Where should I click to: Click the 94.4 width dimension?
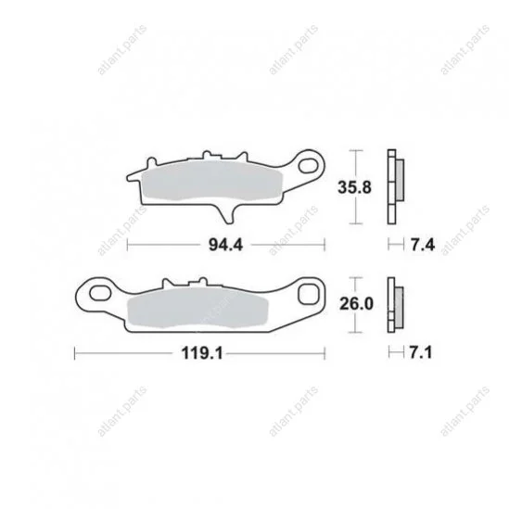(x=225, y=245)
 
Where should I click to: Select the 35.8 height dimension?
(x=354, y=187)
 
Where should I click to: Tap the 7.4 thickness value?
(x=423, y=245)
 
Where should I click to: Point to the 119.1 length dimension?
(x=202, y=353)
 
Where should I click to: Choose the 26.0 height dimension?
(x=356, y=304)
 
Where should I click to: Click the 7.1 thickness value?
(x=421, y=352)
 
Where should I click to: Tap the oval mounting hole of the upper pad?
(x=309, y=165)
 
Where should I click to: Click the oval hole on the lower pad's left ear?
(x=100, y=293)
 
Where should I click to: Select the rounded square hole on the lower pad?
(x=309, y=294)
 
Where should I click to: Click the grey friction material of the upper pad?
(x=212, y=180)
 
